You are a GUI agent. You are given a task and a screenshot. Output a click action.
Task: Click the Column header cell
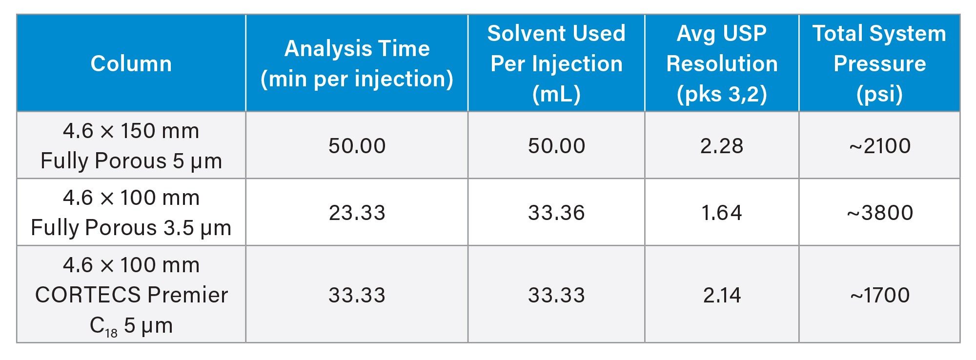131,63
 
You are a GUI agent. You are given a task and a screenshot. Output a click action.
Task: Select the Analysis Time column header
357,63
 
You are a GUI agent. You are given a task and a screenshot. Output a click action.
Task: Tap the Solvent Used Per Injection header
556,63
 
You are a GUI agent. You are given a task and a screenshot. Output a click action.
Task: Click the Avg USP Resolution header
722,63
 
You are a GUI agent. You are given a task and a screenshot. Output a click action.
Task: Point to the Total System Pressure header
879,63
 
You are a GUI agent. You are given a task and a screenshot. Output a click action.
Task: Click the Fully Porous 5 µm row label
131,145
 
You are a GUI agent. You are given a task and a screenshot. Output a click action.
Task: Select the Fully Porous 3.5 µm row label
131,212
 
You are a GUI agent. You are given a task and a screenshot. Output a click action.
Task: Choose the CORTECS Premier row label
131,295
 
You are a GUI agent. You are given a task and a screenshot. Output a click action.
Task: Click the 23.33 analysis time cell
357,213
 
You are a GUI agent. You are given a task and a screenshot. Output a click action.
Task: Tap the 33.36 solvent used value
556,213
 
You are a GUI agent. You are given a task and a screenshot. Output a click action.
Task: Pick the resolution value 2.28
722,146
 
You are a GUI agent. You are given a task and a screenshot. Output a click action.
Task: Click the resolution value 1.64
722,213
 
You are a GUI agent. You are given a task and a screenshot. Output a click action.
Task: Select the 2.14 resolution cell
722,295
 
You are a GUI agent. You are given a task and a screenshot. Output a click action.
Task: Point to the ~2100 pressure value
879,146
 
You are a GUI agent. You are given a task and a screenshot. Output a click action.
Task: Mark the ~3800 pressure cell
879,213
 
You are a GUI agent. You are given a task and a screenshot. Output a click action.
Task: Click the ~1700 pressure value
879,295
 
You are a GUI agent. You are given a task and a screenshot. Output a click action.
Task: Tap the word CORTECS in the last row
88,295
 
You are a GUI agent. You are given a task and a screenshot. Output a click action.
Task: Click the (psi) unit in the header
879,94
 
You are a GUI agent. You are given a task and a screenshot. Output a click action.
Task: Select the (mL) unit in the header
556,94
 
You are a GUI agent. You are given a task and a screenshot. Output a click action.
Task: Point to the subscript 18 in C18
111,333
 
